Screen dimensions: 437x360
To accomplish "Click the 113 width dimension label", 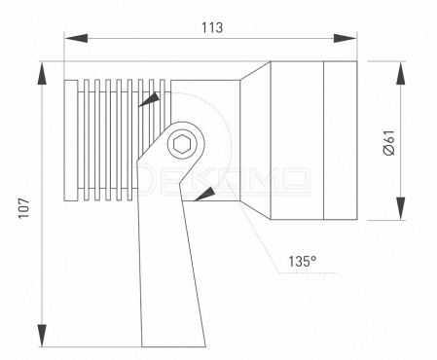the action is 212,27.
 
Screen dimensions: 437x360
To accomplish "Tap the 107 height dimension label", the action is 23,208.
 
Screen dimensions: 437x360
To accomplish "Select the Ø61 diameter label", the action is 389,143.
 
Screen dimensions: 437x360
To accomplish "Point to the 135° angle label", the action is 303,261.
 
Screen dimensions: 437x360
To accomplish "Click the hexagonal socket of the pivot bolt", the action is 181,144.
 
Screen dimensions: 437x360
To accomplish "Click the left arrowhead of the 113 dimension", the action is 76,38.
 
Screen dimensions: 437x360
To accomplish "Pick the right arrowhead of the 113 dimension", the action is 345,38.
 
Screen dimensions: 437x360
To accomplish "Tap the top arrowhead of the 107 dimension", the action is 42,74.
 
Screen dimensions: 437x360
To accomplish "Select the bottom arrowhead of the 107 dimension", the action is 42,336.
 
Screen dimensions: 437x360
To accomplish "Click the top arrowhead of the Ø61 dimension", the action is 401,74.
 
